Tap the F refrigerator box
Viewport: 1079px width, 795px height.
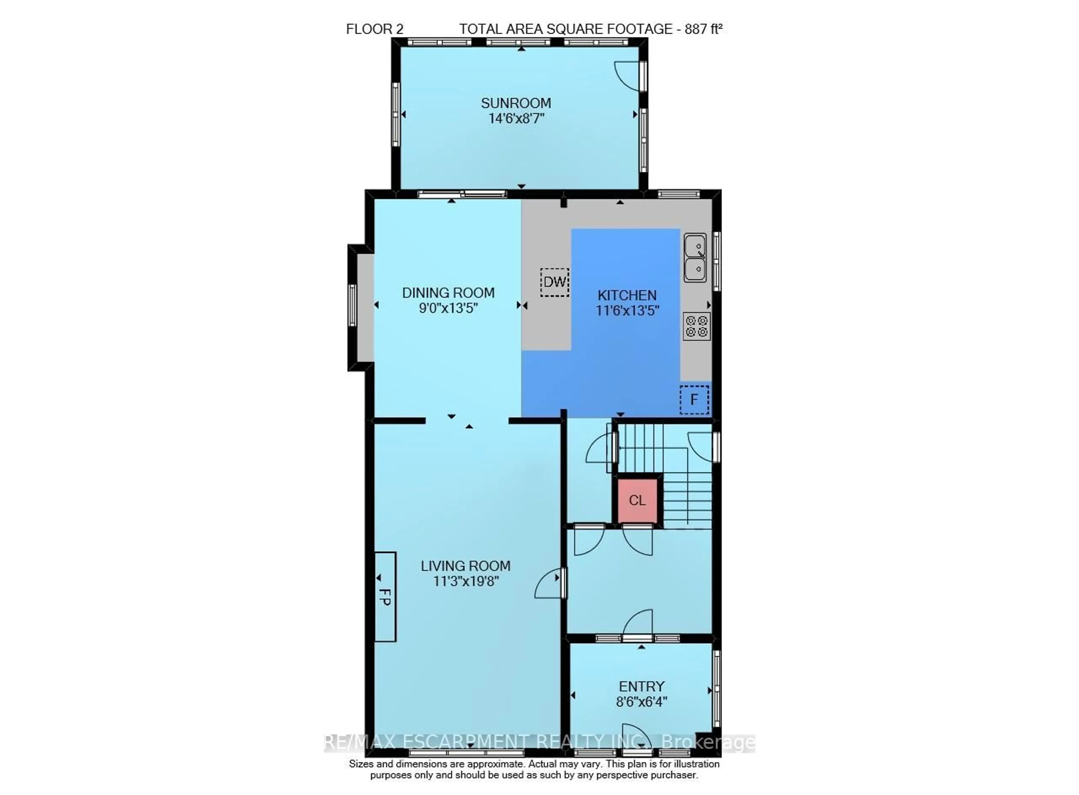694,399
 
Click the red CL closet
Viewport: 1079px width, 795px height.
637,500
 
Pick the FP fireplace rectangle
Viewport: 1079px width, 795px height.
385,597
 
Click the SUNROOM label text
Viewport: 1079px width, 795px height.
516,103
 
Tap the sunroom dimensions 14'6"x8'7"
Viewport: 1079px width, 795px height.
516,118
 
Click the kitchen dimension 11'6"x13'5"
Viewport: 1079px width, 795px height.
627,311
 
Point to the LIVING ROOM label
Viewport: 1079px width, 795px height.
465,566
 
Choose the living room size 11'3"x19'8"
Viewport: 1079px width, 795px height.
465,581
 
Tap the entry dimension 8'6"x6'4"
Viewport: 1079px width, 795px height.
641,702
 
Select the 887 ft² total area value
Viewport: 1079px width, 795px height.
703,29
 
